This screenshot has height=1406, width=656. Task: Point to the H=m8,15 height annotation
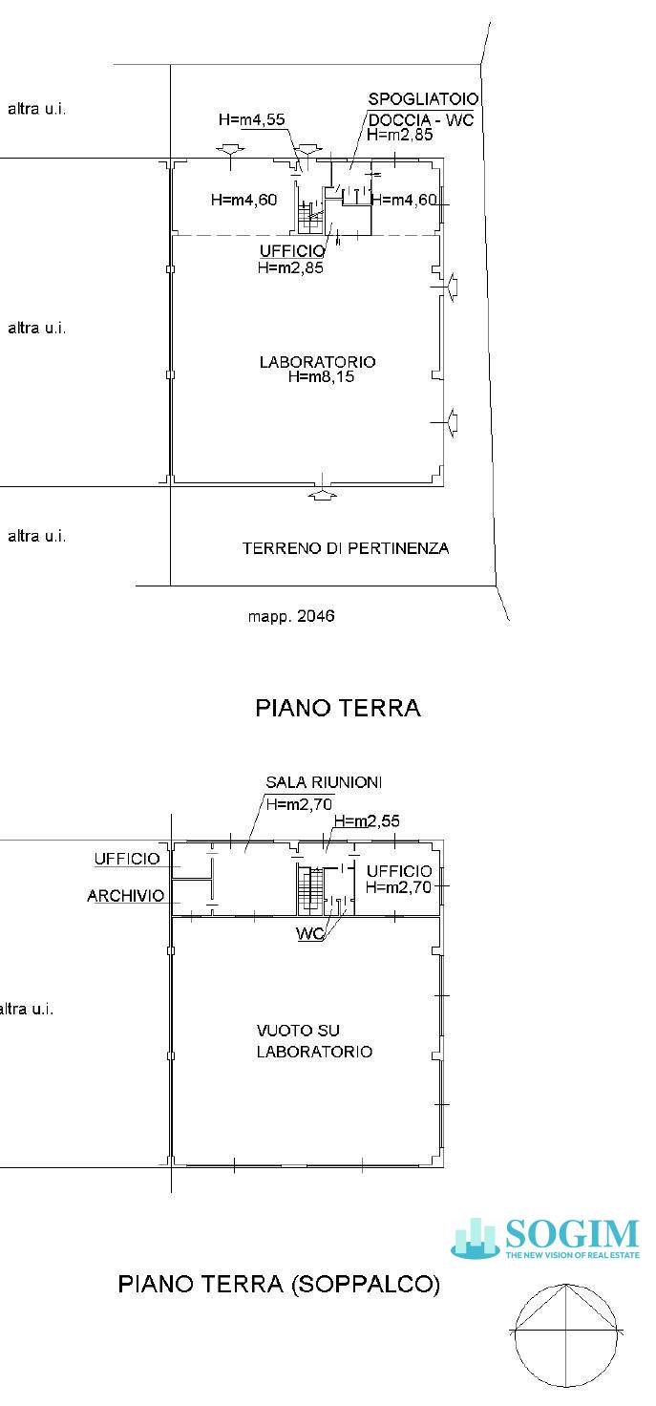pyautogui.click(x=322, y=377)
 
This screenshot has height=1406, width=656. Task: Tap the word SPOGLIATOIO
pyautogui.click(x=423, y=99)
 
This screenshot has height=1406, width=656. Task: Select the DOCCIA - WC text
pyautogui.click(x=420, y=119)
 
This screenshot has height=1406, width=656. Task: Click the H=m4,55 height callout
pyautogui.click(x=251, y=120)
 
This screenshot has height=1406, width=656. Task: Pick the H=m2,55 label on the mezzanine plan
pyautogui.click(x=367, y=821)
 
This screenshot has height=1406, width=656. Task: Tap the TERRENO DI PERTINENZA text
pyautogui.click(x=345, y=548)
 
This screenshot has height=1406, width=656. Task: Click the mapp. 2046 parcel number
pyautogui.click(x=291, y=616)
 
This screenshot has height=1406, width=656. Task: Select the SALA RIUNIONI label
pyautogui.click(x=324, y=782)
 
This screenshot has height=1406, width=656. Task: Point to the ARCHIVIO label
pyautogui.click(x=125, y=896)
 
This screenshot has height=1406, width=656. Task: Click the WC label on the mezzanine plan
pyautogui.click(x=309, y=934)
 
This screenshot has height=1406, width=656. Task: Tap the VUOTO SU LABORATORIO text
pyautogui.click(x=313, y=1041)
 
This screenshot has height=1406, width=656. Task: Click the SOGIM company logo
pyautogui.click(x=545, y=1239)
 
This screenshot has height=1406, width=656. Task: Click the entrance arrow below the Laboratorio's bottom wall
pyautogui.click(x=324, y=496)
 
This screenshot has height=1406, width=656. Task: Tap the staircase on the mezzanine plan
pyautogui.click(x=307, y=890)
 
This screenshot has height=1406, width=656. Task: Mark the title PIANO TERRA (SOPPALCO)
pyautogui.click(x=279, y=1285)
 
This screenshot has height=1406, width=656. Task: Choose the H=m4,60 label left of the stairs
pyautogui.click(x=243, y=200)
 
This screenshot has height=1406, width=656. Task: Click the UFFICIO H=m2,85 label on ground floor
pyautogui.click(x=290, y=260)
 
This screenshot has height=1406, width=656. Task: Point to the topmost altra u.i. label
pyautogui.click(x=37, y=108)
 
